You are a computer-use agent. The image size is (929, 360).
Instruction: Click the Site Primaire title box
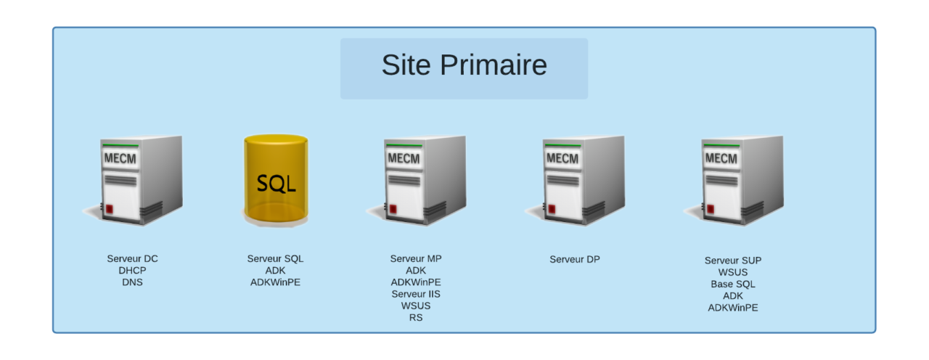464,68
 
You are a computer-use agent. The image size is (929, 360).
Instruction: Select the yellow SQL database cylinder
276,180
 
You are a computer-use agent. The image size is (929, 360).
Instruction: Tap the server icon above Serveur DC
134,180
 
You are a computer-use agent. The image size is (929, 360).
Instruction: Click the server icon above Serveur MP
418,180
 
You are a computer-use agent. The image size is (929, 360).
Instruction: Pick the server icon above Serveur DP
576,180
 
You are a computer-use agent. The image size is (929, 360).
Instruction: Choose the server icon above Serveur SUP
734,180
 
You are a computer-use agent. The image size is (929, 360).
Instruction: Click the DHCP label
132,271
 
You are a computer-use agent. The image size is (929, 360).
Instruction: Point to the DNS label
132,282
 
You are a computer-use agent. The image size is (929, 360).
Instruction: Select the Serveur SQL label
275,259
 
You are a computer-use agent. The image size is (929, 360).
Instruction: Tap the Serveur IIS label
416,294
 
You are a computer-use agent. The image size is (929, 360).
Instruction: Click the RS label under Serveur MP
416,317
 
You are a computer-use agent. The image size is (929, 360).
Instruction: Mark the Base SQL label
733,284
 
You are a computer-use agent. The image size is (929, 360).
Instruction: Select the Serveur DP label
575,259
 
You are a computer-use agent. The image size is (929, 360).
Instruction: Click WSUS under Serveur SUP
733,272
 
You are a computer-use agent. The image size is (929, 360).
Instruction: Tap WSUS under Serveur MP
416,306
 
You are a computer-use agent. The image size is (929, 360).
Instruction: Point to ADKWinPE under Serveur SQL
275,282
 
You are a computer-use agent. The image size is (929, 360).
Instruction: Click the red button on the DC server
110,209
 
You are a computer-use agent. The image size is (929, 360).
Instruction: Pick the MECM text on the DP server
562,159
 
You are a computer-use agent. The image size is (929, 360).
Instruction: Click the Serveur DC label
132,259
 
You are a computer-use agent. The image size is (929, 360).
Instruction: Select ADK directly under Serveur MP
416,271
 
